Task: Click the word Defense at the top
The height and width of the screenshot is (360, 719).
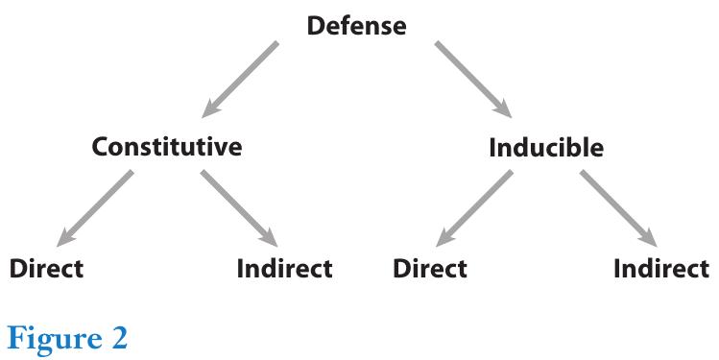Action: (356, 26)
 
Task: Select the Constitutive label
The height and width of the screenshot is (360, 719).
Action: (166, 148)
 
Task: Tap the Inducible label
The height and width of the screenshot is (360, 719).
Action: (546, 148)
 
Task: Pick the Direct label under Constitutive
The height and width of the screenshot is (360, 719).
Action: (46, 268)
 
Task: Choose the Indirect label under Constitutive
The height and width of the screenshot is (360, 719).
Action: (284, 268)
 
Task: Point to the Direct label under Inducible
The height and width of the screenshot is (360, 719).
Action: (430, 268)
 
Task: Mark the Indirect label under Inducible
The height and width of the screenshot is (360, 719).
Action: (661, 268)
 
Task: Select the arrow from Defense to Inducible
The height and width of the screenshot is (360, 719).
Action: (474, 78)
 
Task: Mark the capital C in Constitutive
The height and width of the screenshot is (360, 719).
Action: (100, 148)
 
